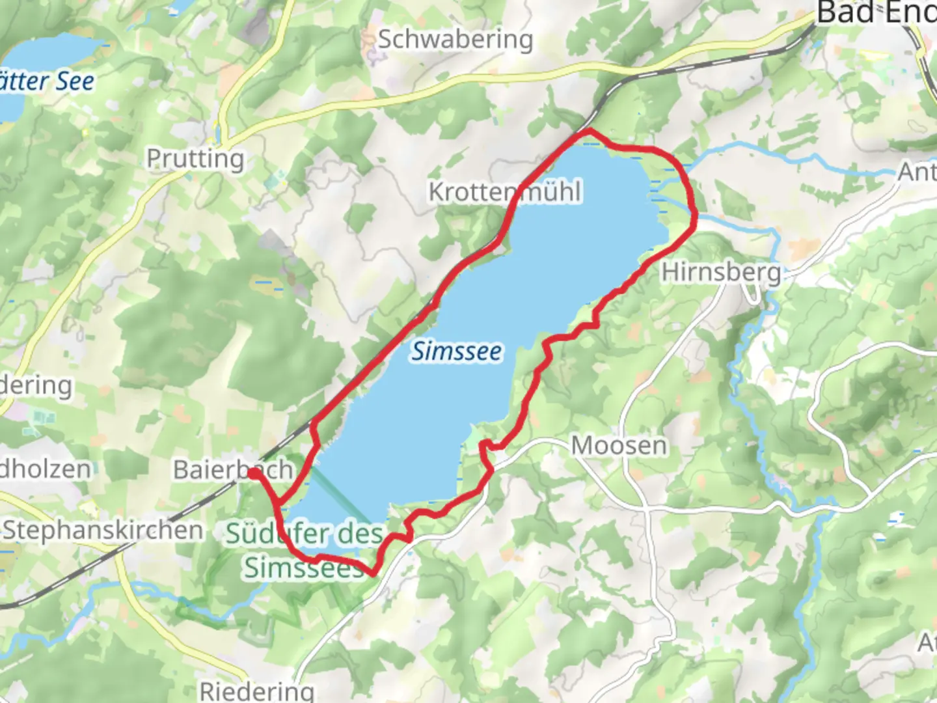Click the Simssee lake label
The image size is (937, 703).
click(457, 351)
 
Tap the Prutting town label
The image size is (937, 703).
click(195, 158)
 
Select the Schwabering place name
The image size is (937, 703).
click(455, 39)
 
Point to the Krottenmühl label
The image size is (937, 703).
click(505, 192)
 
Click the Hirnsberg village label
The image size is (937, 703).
click(721, 271)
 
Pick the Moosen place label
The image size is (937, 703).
click(619, 446)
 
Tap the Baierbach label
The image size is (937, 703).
click(232, 469)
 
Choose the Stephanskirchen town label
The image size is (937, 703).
click(103, 530)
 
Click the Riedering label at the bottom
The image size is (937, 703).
click(256, 691)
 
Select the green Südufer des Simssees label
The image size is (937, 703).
click(305, 551)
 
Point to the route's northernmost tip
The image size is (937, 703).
click(590, 131)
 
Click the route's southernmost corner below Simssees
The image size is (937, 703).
click(372, 574)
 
